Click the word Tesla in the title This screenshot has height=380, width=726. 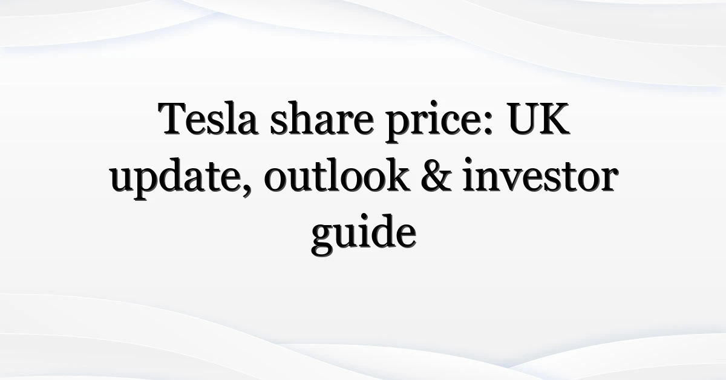208,118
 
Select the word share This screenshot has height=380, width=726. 322,118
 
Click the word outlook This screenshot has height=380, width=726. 336,175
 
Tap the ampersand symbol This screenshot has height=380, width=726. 436,175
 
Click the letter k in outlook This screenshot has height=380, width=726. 395,174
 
